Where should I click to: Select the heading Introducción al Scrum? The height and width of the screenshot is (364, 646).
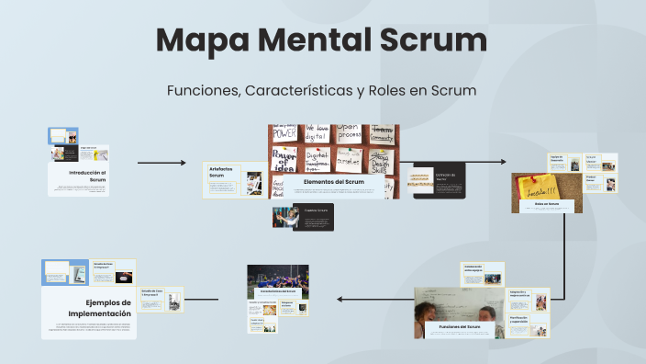pos(88,176)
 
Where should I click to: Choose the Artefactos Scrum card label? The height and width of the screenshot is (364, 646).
pos(222,172)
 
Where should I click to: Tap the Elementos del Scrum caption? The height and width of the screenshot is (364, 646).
pos(333,182)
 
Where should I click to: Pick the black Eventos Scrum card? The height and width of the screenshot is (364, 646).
pos(303,216)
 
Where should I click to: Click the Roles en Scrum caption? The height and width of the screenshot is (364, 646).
pos(547,205)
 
